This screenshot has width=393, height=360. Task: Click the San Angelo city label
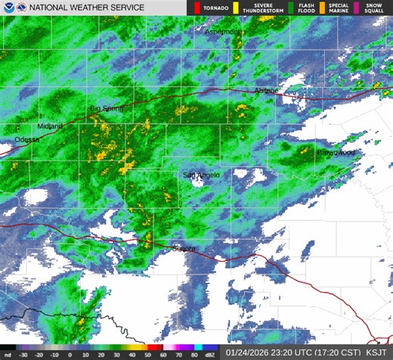202,175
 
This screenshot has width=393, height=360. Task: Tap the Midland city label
51,126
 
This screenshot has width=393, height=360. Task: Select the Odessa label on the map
26,141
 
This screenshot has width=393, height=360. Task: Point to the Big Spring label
106,109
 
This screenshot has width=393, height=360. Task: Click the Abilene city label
266,91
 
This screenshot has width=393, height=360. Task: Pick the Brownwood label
336,153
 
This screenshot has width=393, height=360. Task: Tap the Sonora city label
184,248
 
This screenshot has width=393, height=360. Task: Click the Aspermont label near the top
224,33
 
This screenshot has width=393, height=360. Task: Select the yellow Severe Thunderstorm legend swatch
235,8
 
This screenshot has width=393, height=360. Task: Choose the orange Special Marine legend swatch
321,8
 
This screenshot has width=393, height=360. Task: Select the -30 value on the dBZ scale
23,353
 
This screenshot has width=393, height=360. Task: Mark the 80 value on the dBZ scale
193,353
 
